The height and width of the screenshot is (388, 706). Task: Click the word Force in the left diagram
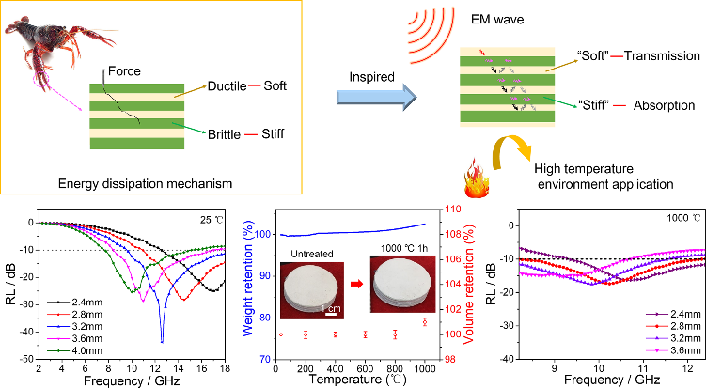pyautogui.click(x=124, y=71)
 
